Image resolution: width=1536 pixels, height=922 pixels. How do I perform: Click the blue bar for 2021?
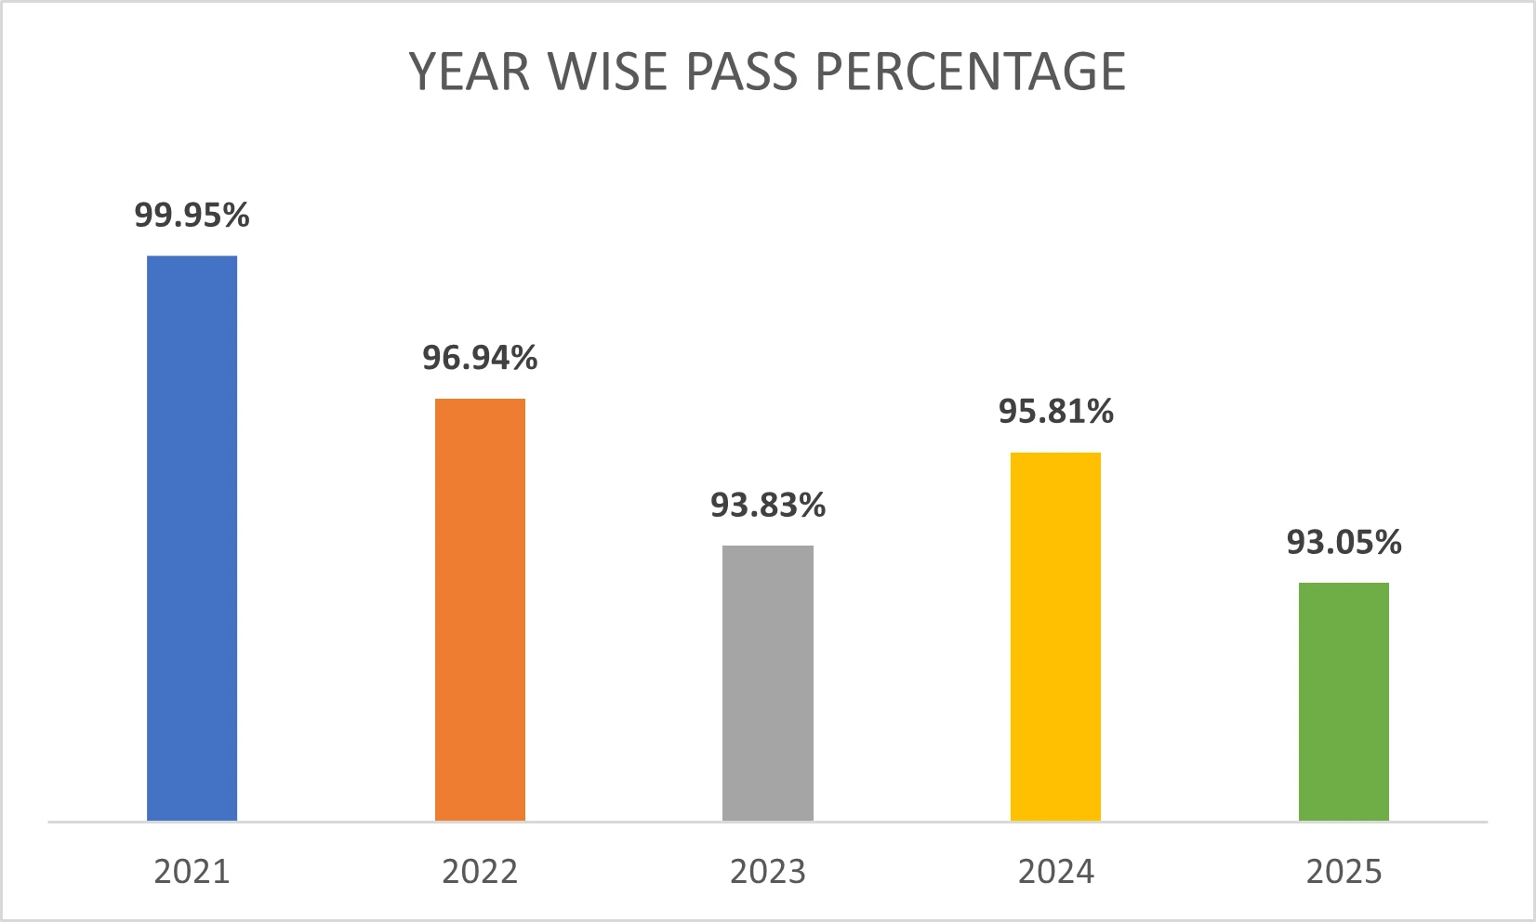coord(192,538)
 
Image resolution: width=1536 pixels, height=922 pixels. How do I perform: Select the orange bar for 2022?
coord(480,610)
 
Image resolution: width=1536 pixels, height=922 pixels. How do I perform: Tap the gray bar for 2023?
coord(768,683)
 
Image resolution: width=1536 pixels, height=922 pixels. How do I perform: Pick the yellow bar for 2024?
coord(1055,637)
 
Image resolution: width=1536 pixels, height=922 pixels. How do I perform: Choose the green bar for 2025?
coord(1344,702)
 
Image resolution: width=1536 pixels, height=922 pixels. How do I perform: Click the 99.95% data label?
coord(192,216)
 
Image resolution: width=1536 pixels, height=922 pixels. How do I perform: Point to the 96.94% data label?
coord(480,358)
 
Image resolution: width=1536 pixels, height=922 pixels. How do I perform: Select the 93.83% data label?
coord(768,506)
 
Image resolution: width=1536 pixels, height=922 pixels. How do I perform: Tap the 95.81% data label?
coord(1055,412)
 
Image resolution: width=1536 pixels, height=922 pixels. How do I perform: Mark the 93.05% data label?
coord(1344,543)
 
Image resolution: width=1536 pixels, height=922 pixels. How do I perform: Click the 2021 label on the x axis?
coord(192,872)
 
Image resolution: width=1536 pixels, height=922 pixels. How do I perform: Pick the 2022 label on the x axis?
coord(480,872)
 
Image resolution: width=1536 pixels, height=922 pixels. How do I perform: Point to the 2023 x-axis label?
coord(768,872)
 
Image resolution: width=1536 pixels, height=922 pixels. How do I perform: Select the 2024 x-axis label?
coord(1055,872)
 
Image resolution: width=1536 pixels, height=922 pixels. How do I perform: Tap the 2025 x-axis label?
coord(1344,872)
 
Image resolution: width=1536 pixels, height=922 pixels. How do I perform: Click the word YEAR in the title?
coord(470,72)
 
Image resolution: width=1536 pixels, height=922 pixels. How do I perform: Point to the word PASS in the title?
coord(742,72)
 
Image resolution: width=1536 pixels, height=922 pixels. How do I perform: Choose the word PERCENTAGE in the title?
coord(970,72)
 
